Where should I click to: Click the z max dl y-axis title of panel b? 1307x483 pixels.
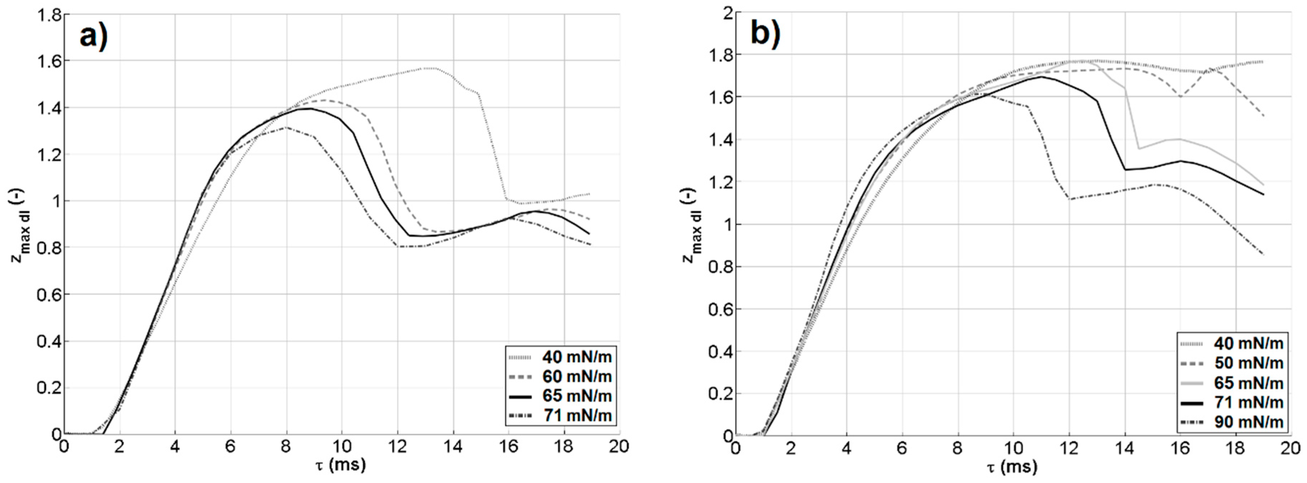pos(692,224)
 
